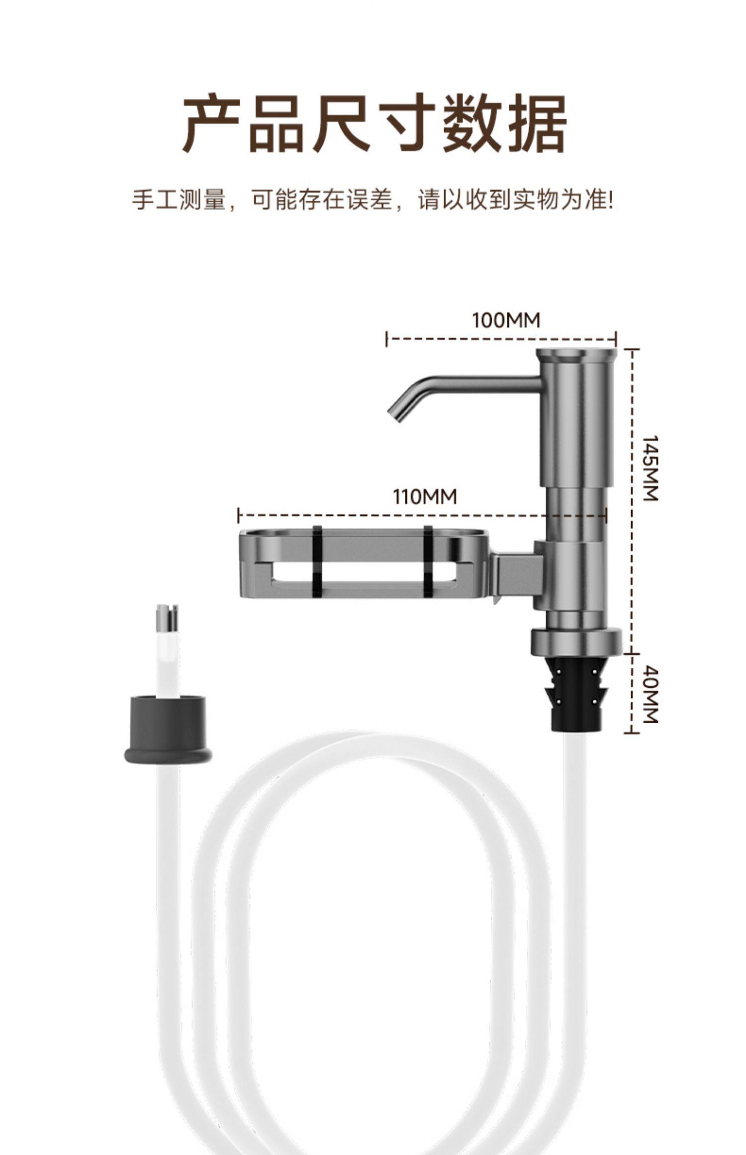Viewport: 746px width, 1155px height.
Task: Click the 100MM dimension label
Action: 506,320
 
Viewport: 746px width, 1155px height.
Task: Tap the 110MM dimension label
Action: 425,496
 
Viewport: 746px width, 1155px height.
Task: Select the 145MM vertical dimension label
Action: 650,468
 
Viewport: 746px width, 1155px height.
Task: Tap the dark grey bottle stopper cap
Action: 168,729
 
